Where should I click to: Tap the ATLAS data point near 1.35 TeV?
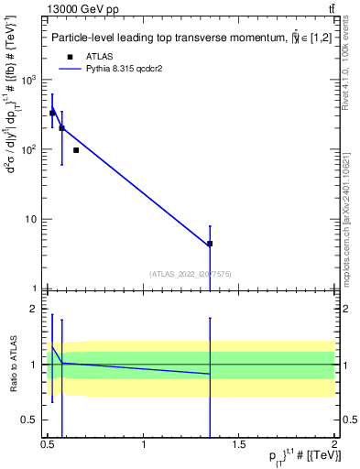coord(210,244)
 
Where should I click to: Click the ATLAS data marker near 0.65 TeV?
coord(76,150)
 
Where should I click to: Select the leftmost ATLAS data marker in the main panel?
coord(52,113)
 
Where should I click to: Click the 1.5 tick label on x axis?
coord(239,445)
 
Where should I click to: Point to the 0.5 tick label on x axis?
coord(49,445)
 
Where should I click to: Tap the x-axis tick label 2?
coord(333,445)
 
